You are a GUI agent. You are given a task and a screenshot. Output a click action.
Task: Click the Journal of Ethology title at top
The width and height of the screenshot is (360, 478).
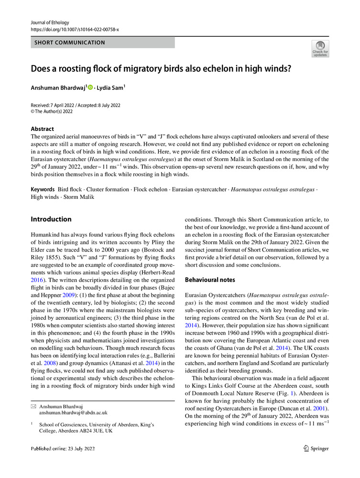pos(50,22)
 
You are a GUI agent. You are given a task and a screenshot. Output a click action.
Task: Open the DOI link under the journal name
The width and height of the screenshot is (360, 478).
pos(75,29)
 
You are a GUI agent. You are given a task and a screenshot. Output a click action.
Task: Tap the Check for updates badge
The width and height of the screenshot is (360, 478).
pos(320,49)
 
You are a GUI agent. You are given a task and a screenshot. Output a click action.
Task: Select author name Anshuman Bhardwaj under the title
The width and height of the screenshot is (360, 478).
pos(57,87)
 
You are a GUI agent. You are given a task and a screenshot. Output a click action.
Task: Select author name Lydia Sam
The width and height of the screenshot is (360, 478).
pos(110,87)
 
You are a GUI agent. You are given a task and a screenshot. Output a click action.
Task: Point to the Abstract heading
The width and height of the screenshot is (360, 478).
pos(43,129)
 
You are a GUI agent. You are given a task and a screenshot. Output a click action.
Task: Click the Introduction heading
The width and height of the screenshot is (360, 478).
pos(51,219)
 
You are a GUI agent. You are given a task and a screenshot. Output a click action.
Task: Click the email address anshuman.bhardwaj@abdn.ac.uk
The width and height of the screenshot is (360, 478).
pos(73,412)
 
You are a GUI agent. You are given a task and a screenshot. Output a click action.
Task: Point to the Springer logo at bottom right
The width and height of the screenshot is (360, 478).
pos(316,448)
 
